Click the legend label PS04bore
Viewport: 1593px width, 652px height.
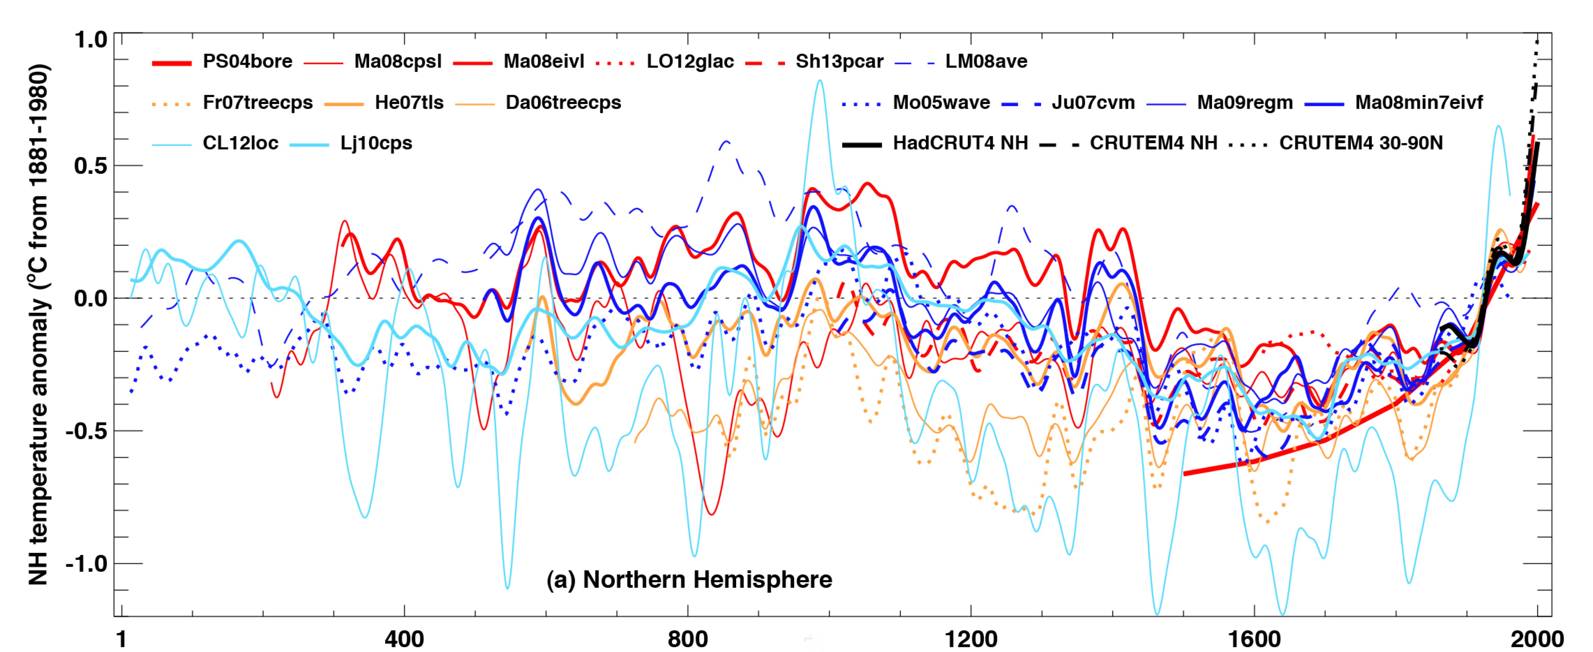247,61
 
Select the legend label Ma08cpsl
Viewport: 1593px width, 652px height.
398,61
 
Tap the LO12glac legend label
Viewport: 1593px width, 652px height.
690,61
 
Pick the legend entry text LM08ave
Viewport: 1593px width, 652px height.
986,61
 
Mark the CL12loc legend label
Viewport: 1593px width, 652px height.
241,143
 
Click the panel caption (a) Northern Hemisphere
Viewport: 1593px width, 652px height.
689,580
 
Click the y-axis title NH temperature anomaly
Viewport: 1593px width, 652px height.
38,325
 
